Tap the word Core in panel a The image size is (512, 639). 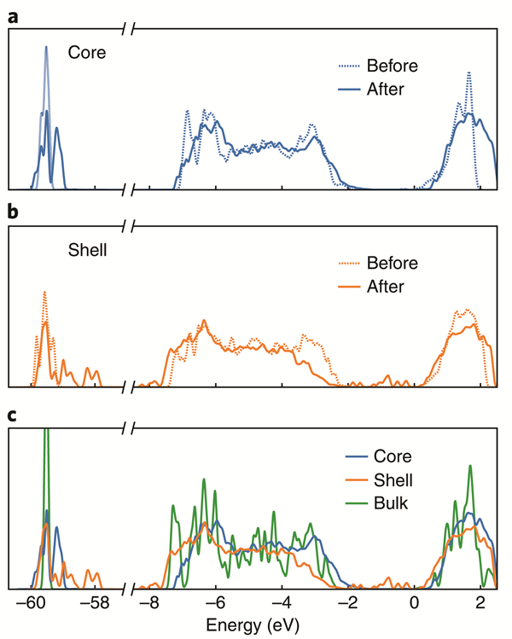coord(87,53)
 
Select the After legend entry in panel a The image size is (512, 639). coord(387,88)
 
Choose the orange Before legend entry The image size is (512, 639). coord(392,263)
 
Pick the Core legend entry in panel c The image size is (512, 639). coord(387,456)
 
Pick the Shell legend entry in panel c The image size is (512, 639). coord(388,479)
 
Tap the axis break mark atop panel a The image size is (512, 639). coord(128,31)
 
